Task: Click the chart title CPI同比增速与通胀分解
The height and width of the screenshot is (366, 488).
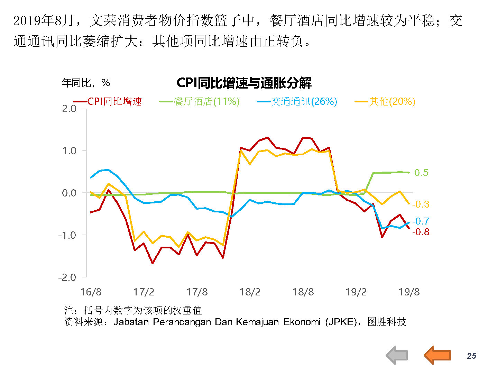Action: [x=244, y=83]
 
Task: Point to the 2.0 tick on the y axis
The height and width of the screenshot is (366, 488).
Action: [x=69, y=109]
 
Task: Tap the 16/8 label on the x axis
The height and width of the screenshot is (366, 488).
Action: [x=91, y=292]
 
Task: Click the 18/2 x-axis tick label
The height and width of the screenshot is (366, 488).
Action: [x=250, y=292]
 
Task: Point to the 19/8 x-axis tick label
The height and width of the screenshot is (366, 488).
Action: [x=409, y=292]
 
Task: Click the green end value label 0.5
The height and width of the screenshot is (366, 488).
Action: [x=421, y=173]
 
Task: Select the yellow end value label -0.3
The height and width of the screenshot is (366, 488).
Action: [x=421, y=204]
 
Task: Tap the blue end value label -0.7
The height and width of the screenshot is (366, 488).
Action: [x=421, y=221]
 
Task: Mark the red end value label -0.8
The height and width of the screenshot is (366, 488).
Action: [x=421, y=232]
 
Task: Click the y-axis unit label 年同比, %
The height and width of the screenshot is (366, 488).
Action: [x=86, y=83]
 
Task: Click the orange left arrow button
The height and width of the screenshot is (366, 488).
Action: [x=438, y=355]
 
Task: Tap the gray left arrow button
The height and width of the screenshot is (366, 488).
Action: [x=397, y=355]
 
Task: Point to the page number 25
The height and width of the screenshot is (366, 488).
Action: [x=471, y=356]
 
